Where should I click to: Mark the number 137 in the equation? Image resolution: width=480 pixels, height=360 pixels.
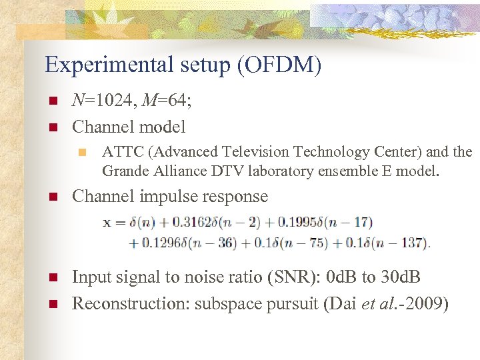412,243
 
